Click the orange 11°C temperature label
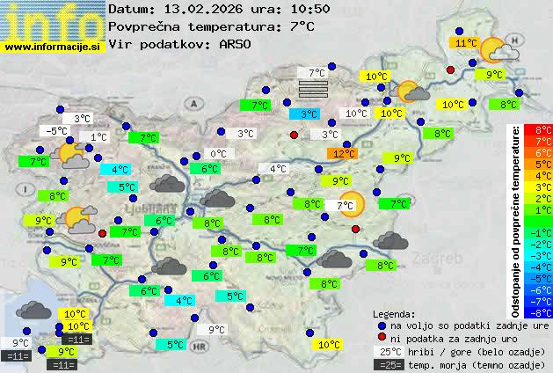[x=465, y=43]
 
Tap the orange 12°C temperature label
[x=343, y=154]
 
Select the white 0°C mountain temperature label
[x=217, y=154]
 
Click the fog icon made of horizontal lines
[x=312, y=90]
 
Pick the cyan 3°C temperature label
[x=307, y=114]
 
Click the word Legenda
[x=395, y=314]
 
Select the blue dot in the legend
[x=381, y=325]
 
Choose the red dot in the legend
[x=381, y=339]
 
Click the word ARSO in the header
[x=237, y=44]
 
